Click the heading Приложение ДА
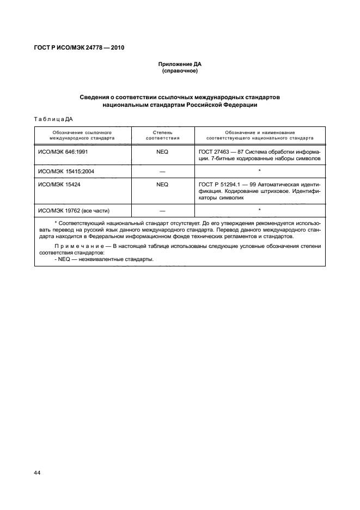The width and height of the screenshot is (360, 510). click(180, 64)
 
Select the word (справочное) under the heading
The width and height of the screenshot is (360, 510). click(180, 71)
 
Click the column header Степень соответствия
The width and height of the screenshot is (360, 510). click(162, 135)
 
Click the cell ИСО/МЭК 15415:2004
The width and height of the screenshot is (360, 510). click(66, 171)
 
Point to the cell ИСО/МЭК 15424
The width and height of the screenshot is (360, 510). click(59, 184)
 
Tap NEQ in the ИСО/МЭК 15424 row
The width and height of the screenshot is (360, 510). click(162, 184)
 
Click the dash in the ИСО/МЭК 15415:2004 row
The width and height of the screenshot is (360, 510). click(162, 172)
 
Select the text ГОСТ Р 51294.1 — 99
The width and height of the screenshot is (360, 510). click(224, 184)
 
